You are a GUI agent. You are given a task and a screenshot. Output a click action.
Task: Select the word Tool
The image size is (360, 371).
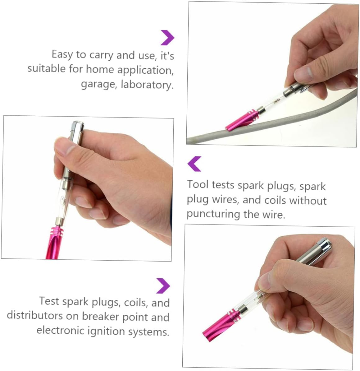click(198, 184)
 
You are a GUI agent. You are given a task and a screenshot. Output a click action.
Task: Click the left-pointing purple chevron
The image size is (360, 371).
click(195, 164)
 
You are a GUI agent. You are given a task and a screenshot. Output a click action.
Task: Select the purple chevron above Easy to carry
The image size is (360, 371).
click(167, 38)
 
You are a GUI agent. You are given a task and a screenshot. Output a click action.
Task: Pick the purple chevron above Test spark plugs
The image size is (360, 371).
click(163, 286)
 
